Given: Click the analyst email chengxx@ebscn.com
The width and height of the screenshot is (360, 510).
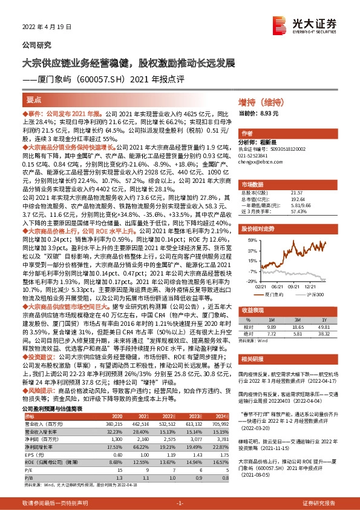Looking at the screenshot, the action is (x=257, y=164).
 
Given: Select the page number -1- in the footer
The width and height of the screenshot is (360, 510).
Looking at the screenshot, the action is (x=180, y=503).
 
